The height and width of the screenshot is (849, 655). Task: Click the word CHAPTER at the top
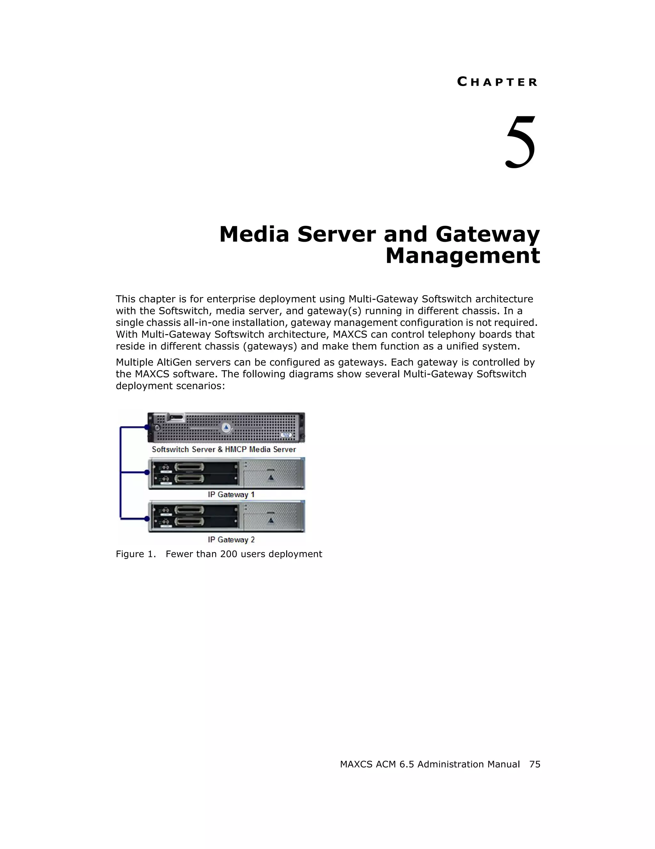497,82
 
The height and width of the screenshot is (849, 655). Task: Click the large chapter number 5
520,142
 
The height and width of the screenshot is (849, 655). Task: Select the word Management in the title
462,256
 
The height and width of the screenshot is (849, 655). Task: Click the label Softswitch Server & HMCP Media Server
224,449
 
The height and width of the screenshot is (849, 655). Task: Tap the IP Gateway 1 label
231,494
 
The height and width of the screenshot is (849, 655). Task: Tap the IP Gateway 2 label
231,539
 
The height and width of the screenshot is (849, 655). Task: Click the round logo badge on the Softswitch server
226,428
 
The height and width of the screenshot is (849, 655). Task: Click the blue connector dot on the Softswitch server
147,427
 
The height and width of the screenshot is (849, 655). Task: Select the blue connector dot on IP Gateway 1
147,472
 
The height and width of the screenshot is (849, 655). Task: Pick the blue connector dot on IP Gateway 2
147,519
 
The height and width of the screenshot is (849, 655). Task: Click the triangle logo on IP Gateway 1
271,477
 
